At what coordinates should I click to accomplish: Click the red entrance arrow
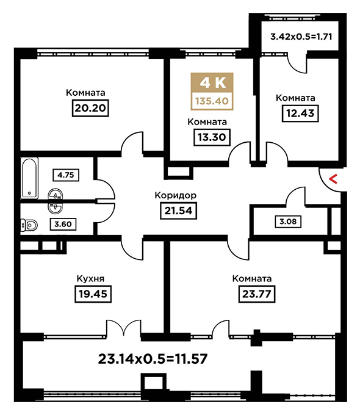pos(333,179)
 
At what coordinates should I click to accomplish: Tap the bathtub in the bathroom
pos(29,178)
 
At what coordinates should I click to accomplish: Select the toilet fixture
pos(29,225)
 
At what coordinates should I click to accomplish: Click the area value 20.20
pos(90,108)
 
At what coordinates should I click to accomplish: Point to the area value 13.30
pos(212,137)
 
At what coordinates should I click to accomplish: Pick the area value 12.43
pos(300,114)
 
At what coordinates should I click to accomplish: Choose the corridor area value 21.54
pos(178,211)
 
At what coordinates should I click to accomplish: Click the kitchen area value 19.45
pos(93,294)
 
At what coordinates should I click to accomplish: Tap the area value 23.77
pos(257,294)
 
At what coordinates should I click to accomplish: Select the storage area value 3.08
pos(288,221)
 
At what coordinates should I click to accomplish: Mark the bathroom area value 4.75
pos(66,175)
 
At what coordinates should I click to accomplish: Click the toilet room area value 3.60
pos(63,224)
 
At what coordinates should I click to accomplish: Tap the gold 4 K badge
pos(212,82)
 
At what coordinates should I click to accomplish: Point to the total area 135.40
pos(212,101)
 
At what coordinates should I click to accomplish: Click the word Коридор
pos(176,195)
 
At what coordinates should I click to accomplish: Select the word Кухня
pos(90,279)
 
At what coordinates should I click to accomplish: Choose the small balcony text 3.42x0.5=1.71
pos(301,37)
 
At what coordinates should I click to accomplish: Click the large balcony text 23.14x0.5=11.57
pos(153,359)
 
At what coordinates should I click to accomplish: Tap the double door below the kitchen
pos(124,328)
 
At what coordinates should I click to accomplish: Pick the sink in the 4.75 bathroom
pos(56,195)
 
